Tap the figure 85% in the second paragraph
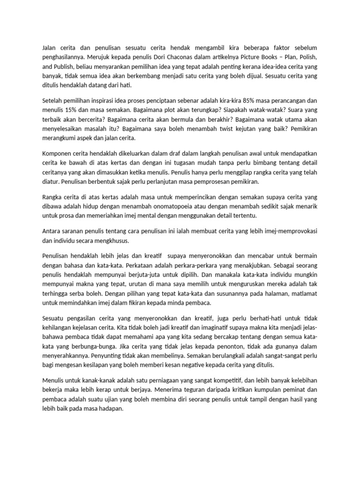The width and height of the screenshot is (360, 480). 244,101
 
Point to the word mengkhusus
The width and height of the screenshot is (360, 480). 112,242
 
